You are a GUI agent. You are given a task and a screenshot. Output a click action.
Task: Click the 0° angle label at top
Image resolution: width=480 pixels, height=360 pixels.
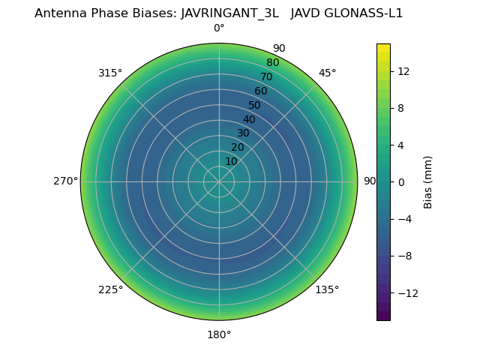219,28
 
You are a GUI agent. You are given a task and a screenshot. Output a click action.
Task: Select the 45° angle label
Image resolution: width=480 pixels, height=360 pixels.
327,73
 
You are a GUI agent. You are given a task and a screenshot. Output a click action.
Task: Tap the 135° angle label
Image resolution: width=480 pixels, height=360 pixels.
327,289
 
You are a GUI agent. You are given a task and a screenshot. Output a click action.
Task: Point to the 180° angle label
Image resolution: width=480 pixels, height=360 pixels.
219,334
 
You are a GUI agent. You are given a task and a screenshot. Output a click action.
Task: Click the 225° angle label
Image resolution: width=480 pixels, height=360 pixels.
110,289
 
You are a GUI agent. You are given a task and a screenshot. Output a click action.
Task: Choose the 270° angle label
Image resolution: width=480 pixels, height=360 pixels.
65,181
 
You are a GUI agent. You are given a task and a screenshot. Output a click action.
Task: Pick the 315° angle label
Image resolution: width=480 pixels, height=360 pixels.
110,73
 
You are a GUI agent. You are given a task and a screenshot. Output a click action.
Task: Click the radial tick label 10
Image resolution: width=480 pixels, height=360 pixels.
231,161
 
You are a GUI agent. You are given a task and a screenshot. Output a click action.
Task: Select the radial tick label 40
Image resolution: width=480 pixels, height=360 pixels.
249,119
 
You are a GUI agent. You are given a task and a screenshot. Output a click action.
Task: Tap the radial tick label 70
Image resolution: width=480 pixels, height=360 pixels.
266,77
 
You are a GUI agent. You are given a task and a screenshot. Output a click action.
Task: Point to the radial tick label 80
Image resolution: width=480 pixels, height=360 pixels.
272,63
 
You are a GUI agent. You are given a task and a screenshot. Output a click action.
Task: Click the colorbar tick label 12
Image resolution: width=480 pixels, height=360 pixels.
403,71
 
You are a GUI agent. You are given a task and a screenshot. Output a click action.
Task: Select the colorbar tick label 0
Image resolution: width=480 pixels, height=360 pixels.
400,182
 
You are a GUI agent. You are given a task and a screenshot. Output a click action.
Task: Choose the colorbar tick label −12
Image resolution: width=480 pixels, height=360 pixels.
406,293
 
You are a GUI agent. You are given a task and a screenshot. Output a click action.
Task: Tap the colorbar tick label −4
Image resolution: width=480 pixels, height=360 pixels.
403,219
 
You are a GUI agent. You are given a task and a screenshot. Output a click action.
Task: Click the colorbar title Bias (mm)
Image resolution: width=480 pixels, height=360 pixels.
428,181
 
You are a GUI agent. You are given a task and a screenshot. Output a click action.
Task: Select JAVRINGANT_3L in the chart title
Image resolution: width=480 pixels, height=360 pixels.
229,13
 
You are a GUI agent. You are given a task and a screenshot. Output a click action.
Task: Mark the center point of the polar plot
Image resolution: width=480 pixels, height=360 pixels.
219,181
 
